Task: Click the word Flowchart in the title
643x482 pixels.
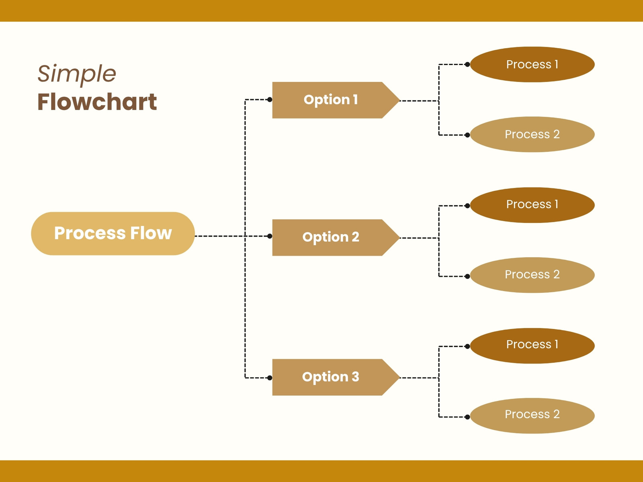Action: coord(97,102)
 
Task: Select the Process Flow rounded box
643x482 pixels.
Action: coord(113,233)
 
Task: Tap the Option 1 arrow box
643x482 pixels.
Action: coord(336,100)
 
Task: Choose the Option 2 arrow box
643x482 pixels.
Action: coord(336,238)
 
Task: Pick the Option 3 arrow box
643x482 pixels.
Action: coord(336,377)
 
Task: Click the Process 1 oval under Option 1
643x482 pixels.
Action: coord(532,64)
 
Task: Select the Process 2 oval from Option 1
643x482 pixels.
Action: coord(532,134)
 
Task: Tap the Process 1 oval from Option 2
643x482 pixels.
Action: coord(532,205)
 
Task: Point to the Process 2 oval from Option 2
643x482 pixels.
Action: coord(532,275)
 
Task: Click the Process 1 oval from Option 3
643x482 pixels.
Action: coord(532,345)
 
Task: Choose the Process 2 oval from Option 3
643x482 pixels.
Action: coord(532,416)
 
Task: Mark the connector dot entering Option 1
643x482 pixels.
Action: coord(270,100)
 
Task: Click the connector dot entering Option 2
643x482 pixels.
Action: coord(270,236)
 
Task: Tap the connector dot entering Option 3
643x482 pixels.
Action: coord(270,378)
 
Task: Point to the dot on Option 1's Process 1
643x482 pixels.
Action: coord(467,64)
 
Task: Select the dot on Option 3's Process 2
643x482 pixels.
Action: coord(467,417)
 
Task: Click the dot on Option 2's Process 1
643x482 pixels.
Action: coord(467,206)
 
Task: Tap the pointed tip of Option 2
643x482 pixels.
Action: coord(399,238)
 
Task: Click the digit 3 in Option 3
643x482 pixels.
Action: coord(355,377)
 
